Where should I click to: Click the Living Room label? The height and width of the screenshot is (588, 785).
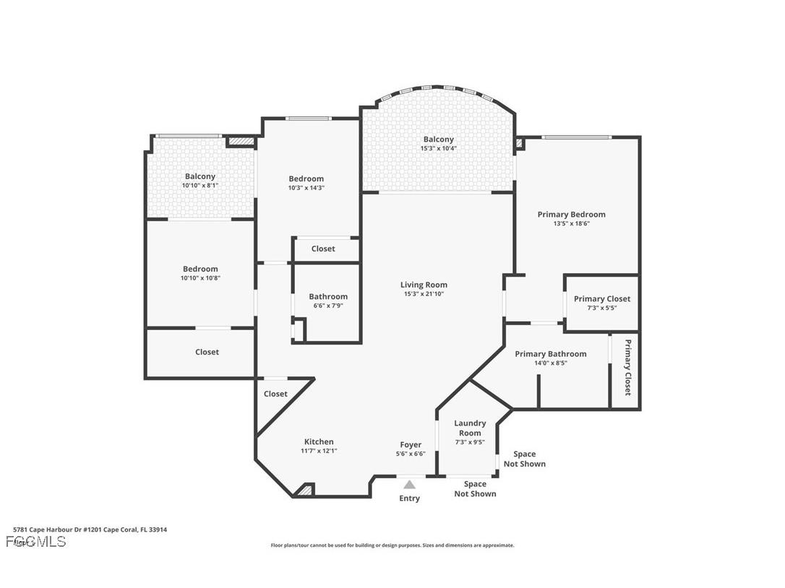(424, 285)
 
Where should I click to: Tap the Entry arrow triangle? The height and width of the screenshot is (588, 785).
(410, 485)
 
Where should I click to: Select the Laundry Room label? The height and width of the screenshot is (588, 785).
(470, 428)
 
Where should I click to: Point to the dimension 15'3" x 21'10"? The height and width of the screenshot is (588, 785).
(424, 294)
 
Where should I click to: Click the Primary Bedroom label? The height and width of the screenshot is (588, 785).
(571, 215)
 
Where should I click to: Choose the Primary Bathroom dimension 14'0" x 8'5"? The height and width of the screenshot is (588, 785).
(550, 363)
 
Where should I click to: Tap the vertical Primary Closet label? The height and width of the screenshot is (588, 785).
(627, 367)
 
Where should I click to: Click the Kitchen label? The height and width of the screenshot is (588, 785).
(319, 441)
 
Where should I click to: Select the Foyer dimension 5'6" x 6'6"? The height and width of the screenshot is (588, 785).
(411, 454)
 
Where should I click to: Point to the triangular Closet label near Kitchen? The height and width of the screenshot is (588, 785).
(275, 394)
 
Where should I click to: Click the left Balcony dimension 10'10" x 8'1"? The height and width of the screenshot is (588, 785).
(200, 186)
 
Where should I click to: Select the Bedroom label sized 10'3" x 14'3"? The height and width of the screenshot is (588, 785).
(306, 178)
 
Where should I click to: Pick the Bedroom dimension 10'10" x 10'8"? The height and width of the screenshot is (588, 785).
(200, 278)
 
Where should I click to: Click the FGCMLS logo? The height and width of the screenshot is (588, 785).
(36, 541)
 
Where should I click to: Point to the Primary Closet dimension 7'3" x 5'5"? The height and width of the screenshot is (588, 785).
(601, 308)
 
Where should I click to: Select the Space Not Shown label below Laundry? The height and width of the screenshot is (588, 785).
(475, 489)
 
